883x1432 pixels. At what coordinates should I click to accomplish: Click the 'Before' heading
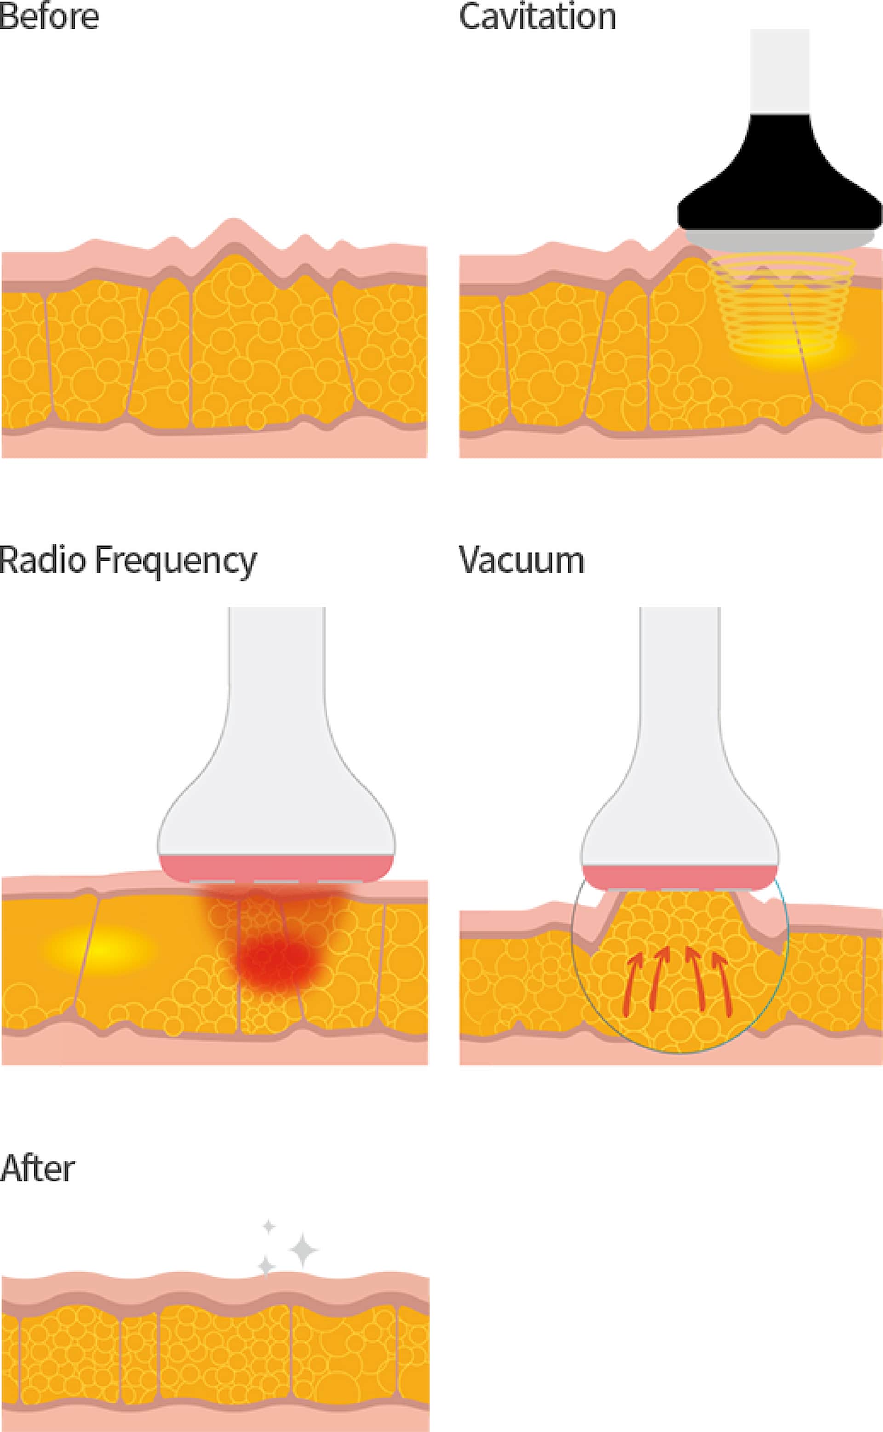click(x=49, y=17)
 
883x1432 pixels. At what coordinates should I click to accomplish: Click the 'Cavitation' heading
click(x=537, y=17)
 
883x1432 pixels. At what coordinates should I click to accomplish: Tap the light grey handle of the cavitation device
click(x=780, y=70)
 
